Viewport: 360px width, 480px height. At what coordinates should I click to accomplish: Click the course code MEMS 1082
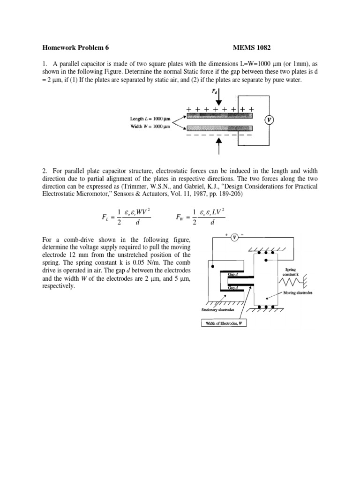pyautogui.click(x=252, y=47)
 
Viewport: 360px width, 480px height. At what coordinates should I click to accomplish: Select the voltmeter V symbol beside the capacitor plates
pyautogui.click(x=269, y=120)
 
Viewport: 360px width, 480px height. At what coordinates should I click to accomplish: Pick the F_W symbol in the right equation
pyautogui.click(x=180, y=217)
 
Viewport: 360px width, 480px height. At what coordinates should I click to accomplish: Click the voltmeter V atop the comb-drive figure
pyautogui.click(x=234, y=238)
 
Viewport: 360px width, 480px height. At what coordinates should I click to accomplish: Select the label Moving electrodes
pyautogui.click(x=298, y=292)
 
